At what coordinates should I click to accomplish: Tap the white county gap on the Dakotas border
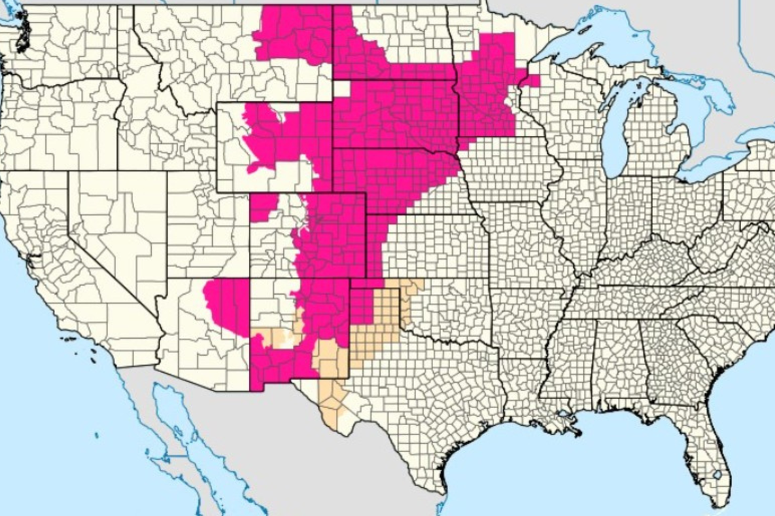click(342, 89)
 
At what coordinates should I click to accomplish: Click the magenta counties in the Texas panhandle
click(362, 306)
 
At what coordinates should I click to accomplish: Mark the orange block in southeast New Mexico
click(330, 356)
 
